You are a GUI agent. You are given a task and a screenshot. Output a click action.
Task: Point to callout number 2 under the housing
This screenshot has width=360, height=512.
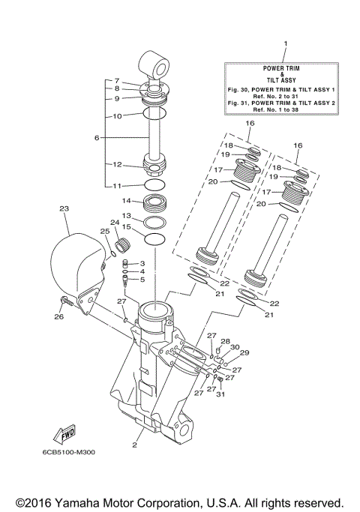pos(135,444)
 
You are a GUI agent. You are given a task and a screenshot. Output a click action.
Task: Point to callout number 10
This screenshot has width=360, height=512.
pos(117,116)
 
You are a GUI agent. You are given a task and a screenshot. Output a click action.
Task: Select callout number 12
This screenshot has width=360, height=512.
pos(117,164)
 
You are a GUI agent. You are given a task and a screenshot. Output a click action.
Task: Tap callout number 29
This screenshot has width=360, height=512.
pos(244,352)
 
